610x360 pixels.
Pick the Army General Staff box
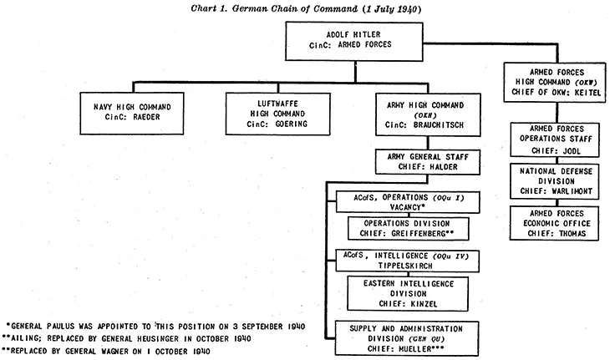click(x=422, y=161)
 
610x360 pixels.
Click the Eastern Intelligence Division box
click(x=407, y=295)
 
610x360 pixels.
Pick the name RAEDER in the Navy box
click(x=154, y=118)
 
